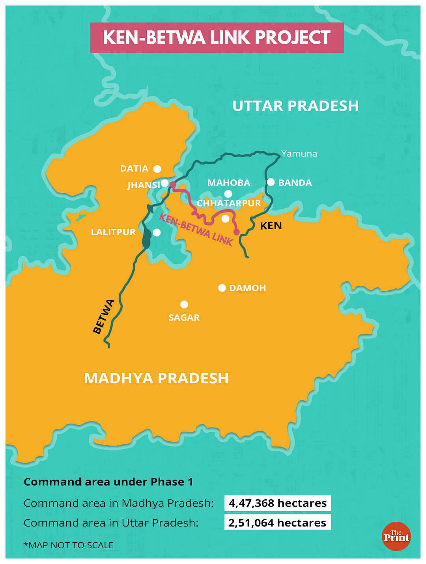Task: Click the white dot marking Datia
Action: [157, 169]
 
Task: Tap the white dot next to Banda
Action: [271, 182]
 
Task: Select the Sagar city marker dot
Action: [184, 304]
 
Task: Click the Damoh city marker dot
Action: [222, 288]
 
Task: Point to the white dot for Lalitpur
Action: [157, 232]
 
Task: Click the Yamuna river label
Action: [299, 153]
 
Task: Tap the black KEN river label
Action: [271, 226]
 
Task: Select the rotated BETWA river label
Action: [104, 317]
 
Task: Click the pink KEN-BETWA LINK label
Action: [196, 230]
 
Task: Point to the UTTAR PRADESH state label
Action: [295, 106]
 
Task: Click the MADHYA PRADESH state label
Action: [156, 378]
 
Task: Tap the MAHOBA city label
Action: [229, 183]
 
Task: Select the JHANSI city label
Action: [144, 185]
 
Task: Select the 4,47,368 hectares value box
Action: [278, 503]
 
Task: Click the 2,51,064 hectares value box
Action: [278, 523]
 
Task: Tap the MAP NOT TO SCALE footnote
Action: [69, 545]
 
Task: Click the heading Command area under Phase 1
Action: [108, 482]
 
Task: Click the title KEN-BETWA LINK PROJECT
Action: [217, 38]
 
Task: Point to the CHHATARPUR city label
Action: [229, 203]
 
